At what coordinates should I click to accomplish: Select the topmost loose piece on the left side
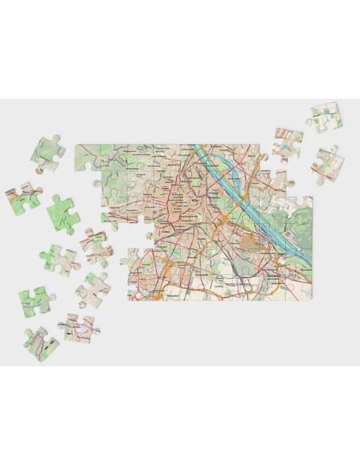(x=49, y=154)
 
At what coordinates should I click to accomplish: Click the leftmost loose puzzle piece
(x=22, y=200)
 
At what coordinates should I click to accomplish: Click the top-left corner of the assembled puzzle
(x=76, y=146)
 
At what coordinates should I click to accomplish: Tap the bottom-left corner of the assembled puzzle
(x=129, y=299)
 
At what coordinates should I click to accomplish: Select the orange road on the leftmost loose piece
(x=24, y=195)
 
